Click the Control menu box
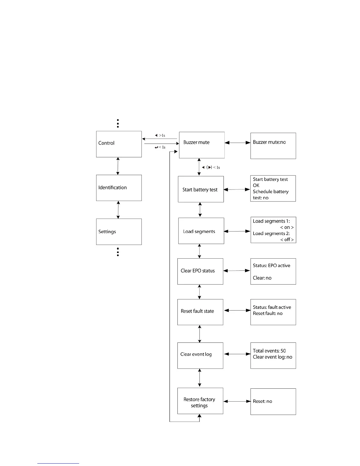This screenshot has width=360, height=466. (119, 144)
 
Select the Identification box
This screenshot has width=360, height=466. (119, 188)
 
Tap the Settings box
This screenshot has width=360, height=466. (119, 232)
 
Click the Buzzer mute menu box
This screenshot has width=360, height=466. (202, 145)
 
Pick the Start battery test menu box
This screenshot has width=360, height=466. (201, 189)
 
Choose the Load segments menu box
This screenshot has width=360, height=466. (201, 231)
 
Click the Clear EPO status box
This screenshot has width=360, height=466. (200, 271)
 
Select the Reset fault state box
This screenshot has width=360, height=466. (200, 312)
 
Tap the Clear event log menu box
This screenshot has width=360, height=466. (200, 355)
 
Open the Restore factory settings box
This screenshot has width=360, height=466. (200, 401)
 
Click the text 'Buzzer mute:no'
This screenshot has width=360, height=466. (269, 142)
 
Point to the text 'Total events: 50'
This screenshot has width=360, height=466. (269, 351)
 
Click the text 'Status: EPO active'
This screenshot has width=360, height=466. (271, 265)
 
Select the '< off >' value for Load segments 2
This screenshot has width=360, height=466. (287, 239)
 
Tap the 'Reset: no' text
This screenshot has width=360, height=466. (262, 401)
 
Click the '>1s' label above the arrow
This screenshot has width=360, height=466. (162, 136)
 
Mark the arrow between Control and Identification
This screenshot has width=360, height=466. (118, 166)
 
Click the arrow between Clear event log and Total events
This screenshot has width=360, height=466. (237, 354)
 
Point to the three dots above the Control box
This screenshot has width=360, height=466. (118, 123)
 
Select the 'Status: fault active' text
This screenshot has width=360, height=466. (272, 307)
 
